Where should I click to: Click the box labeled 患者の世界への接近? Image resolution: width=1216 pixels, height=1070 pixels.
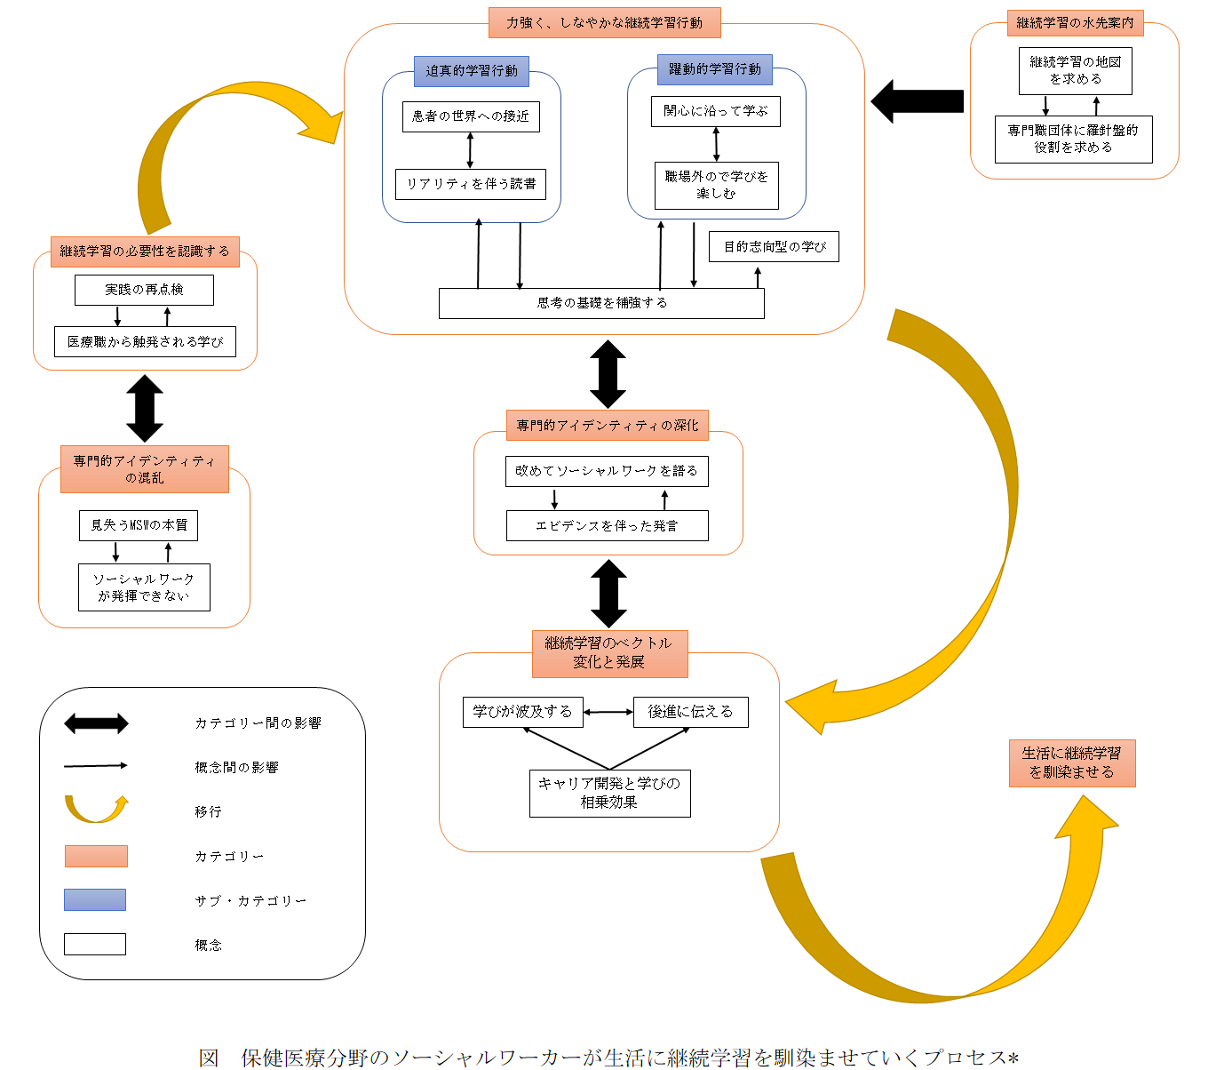pyautogui.click(x=471, y=116)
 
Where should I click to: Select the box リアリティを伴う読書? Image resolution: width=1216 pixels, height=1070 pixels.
pyautogui.click(x=471, y=184)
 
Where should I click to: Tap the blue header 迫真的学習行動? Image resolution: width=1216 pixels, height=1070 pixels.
pyautogui.click(x=472, y=71)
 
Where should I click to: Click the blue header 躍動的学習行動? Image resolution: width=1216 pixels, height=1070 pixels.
pyautogui.click(x=715, y=69)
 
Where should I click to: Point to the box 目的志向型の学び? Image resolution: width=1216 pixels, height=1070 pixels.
pyautogui.click(x=774, y=247)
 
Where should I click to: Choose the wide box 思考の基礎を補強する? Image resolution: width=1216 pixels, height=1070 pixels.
pyautogui.click(x=601, y=303)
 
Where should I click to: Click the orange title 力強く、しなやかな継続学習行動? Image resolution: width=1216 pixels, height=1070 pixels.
pyautogui.click(x=604, y=23)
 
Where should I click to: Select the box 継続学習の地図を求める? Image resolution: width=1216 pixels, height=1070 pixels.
pyautogui.click(x=1075, y=71)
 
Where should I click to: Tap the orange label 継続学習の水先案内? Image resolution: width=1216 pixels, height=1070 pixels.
pyautogui.click(x=1075, y=23)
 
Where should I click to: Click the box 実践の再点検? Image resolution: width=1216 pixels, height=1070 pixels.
pyautogui.click(x=144, y=290)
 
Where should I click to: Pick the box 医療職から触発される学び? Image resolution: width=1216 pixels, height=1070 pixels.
pyautogui.click(x=146, y=341)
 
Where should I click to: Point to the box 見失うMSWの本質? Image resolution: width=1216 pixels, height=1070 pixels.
pyautogui.click(x=139, y=525)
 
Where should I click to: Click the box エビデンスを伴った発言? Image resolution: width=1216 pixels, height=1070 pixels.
pyautogui.click(x=608, y=525)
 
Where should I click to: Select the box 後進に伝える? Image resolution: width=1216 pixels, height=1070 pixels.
pyautogui.click(x=691, y=712)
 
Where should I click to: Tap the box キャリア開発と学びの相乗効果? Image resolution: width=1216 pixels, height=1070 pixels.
pyautogui.click(x=610, y=794)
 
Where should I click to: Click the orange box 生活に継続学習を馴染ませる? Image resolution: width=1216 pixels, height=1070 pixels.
pyautogui.click(x=1072, y=763)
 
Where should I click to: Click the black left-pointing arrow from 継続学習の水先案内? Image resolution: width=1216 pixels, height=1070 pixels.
pyautogui.click(x=917, y=101)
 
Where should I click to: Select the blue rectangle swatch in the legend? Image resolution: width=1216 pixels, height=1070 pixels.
pyautogui.click(x=95, y=900)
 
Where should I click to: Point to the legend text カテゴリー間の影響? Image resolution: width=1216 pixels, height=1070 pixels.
pyautogui.click(x=258, y=723)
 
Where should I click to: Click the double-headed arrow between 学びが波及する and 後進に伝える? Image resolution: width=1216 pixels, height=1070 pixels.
pyautogui.click(x=608, y=712)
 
